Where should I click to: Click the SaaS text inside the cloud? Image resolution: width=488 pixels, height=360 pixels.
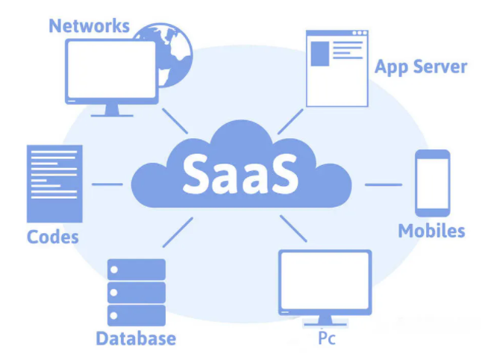(240, 174)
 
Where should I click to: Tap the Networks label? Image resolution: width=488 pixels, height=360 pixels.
(90, 26)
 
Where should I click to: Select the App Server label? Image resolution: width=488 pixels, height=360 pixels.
(421, 67)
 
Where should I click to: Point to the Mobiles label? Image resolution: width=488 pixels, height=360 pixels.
(432, 231)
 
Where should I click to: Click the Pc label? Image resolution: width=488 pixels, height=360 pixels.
(327, 338)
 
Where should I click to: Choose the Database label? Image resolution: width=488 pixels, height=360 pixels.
(136, 338)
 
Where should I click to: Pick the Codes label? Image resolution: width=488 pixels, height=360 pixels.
(53, 238)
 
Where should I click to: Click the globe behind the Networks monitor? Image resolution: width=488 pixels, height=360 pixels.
(175, 53)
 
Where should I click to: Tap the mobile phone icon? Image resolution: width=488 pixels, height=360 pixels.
(433, 183)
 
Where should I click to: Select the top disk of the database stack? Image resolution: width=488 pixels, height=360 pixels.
(137, 270)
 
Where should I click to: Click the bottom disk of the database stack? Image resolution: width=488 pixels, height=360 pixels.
(137, 315)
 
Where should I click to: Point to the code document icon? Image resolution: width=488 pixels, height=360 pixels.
(54, 184)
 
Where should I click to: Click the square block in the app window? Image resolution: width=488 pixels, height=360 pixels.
(320, 54)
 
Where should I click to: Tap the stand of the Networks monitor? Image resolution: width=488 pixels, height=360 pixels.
(112, 111)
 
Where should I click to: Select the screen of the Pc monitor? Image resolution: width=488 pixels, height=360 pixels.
(325, 281)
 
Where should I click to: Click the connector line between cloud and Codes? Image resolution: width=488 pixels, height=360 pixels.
(107, 184)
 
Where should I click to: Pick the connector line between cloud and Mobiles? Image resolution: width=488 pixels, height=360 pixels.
(384, 184)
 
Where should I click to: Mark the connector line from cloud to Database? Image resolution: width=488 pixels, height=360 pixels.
(178, 232)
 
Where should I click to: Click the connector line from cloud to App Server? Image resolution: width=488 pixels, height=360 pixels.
(290, 122)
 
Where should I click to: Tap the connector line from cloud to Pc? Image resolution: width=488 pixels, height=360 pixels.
(293, 229)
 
